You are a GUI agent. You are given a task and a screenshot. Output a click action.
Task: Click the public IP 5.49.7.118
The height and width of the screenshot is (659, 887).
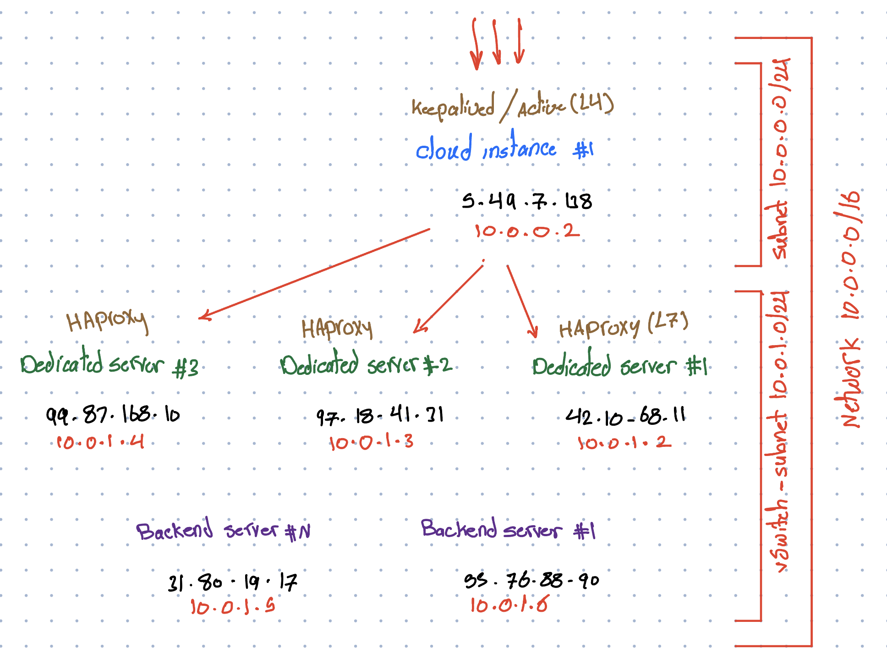(x=527, y=201)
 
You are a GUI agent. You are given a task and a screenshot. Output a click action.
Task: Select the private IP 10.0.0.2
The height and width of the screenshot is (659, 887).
(x=527, y=231)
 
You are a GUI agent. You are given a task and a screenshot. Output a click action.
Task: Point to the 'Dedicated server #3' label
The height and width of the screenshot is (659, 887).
(x=110, y=365)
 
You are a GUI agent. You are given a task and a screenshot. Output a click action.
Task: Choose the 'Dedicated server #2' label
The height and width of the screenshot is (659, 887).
(x=366, y=365)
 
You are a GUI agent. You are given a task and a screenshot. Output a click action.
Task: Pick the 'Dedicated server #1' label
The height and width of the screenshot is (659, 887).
(x=619, y=366)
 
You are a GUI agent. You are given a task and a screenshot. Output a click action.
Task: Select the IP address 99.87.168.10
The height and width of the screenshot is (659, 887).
(x=113, y=415)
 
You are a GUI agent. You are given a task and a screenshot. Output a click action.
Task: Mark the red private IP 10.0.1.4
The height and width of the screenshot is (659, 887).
(x=100, y=442)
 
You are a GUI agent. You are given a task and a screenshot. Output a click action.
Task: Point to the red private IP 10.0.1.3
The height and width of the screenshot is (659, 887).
(x=372, y=442)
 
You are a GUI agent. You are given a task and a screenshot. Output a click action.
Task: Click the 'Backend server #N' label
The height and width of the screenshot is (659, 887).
(x=223, y=530)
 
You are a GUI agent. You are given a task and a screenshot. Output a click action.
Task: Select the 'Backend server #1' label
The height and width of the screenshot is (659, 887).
(x=508, y=529)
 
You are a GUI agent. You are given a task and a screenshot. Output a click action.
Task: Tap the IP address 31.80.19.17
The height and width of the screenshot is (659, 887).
(x=233, y=582)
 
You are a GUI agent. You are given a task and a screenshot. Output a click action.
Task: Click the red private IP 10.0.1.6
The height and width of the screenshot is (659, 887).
(x=509, y=605)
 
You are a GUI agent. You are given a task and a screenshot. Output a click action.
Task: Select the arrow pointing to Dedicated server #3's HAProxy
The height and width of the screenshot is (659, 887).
(x=314, y=273)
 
